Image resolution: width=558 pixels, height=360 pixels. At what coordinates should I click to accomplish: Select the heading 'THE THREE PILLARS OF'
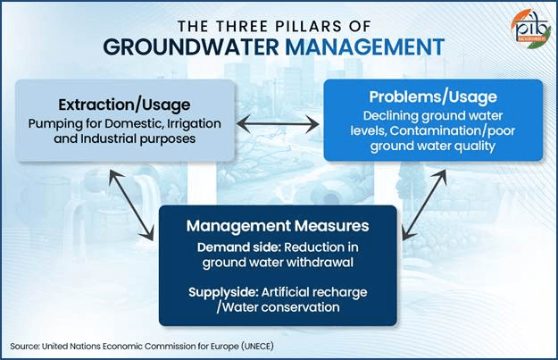coord(279,23)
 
